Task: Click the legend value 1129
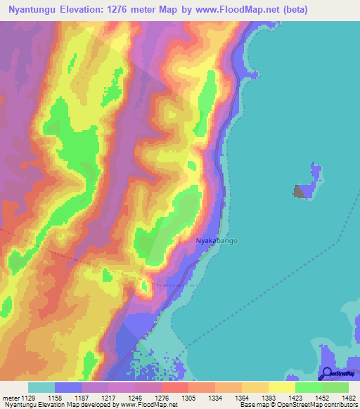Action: click(27, 397)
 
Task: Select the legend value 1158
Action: click(67, 397)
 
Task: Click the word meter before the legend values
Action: click(10, 397)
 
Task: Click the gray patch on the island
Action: click(302, 191)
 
